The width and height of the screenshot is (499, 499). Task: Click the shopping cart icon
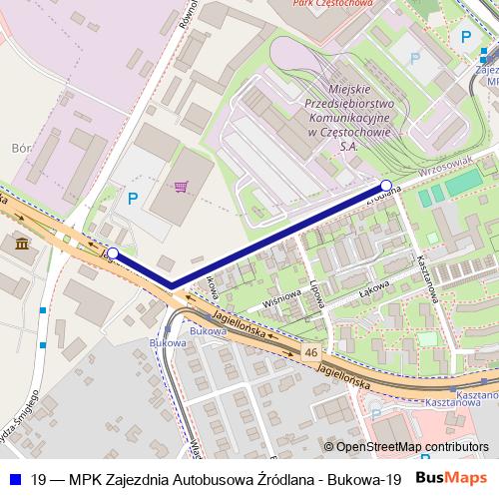(181, 187)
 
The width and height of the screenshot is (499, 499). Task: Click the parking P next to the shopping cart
(133, 199)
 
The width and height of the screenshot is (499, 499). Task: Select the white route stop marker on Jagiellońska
(113, 253)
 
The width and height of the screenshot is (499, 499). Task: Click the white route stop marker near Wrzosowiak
(386, 185)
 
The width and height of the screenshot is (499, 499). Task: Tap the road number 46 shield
(312, 352)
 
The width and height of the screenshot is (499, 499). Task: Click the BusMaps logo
(452, 477)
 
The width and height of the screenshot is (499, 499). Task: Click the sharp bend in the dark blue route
(173, 285)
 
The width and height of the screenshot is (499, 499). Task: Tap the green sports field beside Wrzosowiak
(461, 183)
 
